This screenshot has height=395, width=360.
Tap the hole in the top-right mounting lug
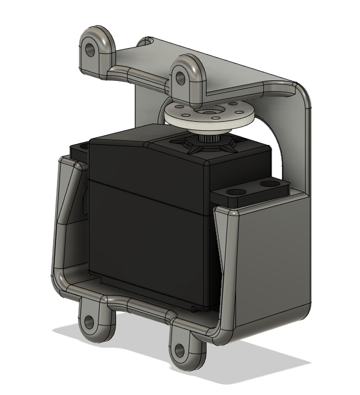[181, 78]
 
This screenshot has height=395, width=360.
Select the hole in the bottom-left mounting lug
[89, 322]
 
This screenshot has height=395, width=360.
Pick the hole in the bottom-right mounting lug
[180, 350]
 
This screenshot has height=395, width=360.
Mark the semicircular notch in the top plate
[147, 41]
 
